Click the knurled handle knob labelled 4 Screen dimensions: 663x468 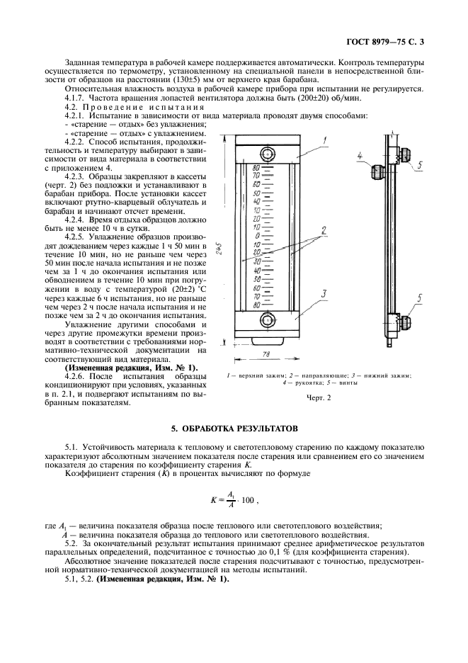tap(378, 171)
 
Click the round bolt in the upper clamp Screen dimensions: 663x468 tap(268, 154)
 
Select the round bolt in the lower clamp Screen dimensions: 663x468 tap(268, 320)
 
